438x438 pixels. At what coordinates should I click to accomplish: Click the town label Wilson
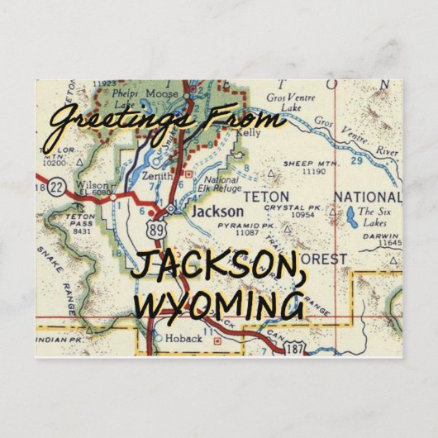coord(91,186)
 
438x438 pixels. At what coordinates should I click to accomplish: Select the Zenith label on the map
coord(158,175)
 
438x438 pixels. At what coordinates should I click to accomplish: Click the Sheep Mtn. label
coord(302,164)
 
